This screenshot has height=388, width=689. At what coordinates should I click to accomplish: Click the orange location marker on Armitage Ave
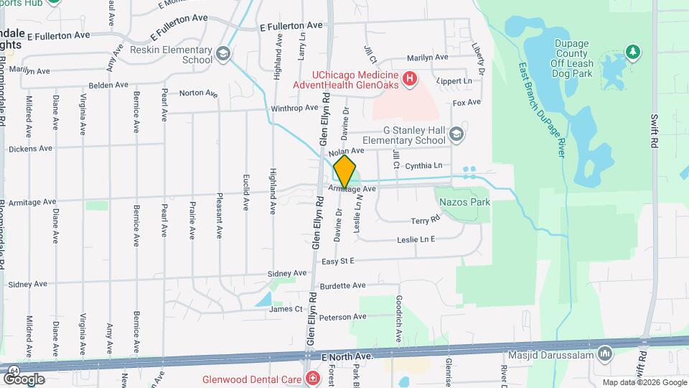pyautogui.click(x=345, y=171)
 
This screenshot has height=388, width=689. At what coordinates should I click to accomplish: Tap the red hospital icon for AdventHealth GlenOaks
pyautogui.click(x=409, y=78)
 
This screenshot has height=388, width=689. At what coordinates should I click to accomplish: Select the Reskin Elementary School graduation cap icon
pyautogui.click(x=223, y=53)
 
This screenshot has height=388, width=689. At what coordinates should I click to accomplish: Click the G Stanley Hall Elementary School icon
pyautogui.click(x=457, y=134)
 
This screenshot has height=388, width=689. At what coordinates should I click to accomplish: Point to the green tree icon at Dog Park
pyautogui.click(x=632, y=51)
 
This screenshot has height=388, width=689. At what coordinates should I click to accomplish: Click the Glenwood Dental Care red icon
pyautogui.click(x=312, y=378)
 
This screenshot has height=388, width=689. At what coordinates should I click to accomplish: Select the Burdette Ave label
pyautogui.click(x=344, y=285)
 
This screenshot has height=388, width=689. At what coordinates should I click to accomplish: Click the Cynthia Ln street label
pyautogui.click(x=423, y=165)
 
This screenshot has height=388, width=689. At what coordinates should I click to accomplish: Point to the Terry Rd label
pyautogui.click(x=424, y=221)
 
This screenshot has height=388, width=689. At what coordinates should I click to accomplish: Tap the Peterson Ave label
pyautogui.click(x=343, y=317)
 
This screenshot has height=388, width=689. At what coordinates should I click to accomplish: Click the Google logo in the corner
pyautogui.click(x=24, y=379)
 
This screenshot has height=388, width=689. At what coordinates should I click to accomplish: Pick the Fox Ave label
pyautogui.click(x=467, y=102)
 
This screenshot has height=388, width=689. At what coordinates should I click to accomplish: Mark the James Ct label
pyautogui.click(x=286, y=309)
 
